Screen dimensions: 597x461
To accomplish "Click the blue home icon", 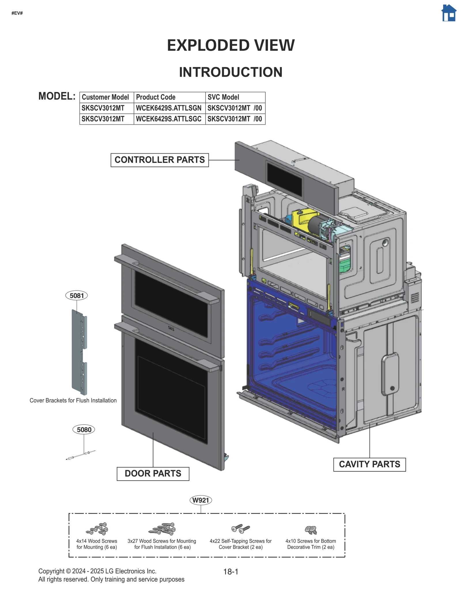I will [x=449, y=13].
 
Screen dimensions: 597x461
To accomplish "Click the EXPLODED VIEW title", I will [x=231, y=45].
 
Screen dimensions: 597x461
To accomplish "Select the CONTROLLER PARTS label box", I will [x=159, y=160].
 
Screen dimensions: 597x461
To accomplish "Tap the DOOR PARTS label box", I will [x=153, y=473].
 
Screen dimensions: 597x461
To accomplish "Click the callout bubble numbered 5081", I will [x=77, y=295].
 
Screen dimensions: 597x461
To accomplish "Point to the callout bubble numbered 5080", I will [x=84, y=430].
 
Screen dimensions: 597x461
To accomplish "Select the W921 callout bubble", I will [x=201, y=500].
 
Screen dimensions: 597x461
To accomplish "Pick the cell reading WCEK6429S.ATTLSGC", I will [x=169, y=119].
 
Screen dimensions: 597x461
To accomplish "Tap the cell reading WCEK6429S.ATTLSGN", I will [x=169, y=108].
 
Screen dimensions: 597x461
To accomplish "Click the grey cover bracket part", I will [x=79, y=352].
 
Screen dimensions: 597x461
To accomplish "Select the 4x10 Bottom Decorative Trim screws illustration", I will [x=311, y=530].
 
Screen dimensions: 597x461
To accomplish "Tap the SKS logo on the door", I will [x=171, y=328].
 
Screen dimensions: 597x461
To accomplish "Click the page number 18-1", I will [x=231, y=572].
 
